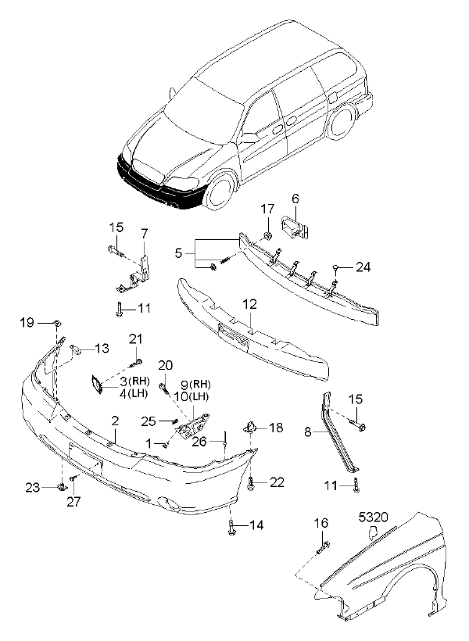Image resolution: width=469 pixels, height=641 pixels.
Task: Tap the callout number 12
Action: [249, 303]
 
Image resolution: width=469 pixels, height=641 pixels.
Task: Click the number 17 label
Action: [267, 209]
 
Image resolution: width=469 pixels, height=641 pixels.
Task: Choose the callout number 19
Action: [26, 322]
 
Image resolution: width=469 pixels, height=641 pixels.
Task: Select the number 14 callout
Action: [257, 525]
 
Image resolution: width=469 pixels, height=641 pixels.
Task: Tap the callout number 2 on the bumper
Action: [115, 421]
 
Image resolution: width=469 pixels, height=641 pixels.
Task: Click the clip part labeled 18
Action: [252, 427]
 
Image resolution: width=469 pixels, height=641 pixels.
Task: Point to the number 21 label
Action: [136, 338]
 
